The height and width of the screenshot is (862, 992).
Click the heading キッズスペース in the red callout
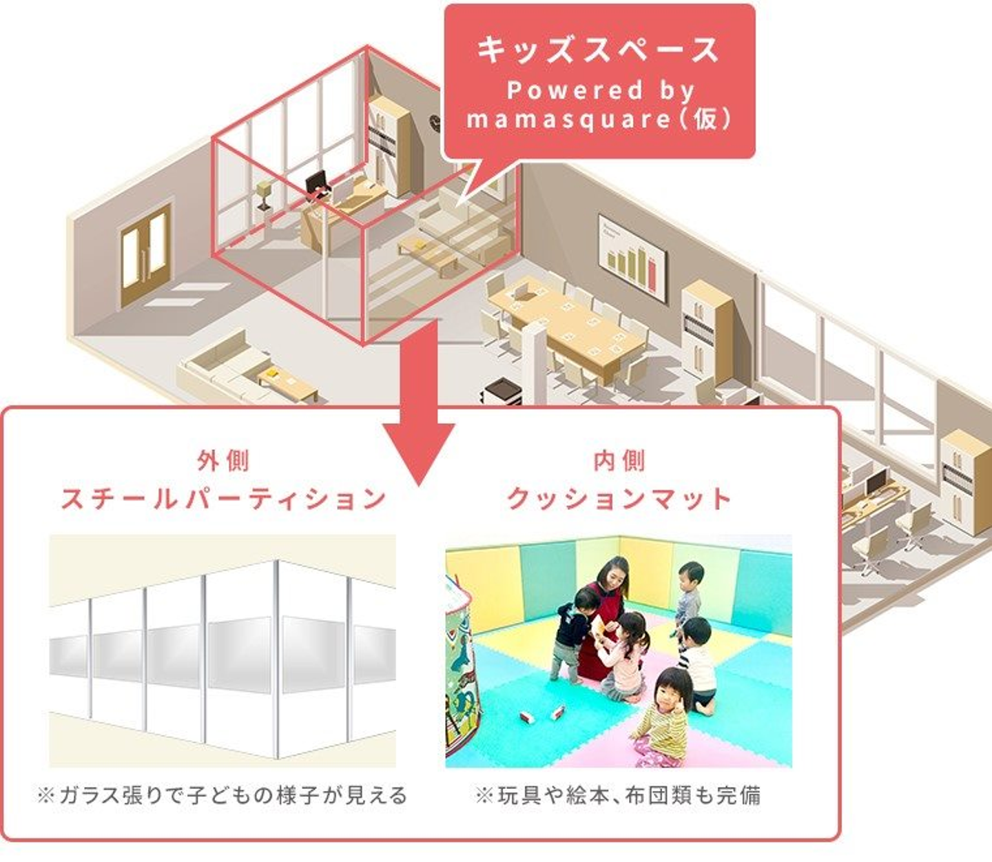[x=598, y=50]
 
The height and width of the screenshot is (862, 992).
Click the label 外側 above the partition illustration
[x=223, y=460]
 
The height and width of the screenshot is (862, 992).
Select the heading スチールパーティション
[x=223, y=498]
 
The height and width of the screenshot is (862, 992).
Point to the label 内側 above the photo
[x=619, y=460]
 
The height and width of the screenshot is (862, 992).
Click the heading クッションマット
[x=619, y=498]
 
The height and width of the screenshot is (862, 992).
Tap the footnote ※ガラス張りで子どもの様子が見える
[x=223, y=795]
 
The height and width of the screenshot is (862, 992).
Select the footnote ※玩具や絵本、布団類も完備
[x=618, y=795]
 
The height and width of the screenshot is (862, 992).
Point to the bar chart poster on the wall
[x=632, y=260]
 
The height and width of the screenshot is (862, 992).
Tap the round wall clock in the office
[x=435, y=122]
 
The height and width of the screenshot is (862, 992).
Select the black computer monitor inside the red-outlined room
[x=317, y=183]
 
